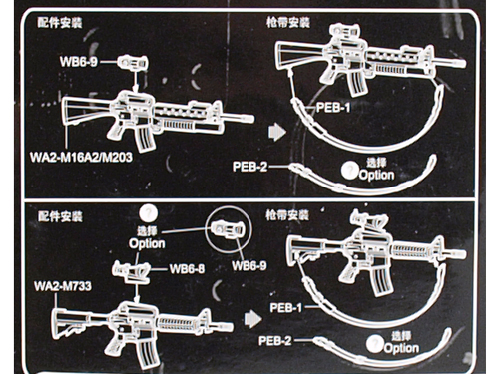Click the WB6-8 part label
pyautogui.click(x=187, y=269)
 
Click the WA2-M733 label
pyautogui.click(x=63, y=286)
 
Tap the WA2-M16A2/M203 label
pyautogui.click(x=81, y=157)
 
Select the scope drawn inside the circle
pyautogui.click(x=229, y=229)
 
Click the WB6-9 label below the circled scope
pyautogui.click(x=249, y=266)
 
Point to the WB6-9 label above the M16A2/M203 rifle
pyautogui.click(x=79, y=62)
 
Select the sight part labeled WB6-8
pyautogui.click(x=131, y=270)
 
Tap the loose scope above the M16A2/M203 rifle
pyautogui.click(x=133, y=63)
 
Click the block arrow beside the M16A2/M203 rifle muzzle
pyautogui.click(x=277, y=132)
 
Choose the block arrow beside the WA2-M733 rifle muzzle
pyautogui.click(x=252, y=319)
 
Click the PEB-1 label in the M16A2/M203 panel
pyautogui.click(x=333, y=108)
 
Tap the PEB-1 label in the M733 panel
pyautogui.click(x=286, y=308)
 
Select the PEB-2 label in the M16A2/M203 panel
pyautogui.click(x=249, y=167)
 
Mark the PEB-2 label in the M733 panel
pyautogui.click(x=275, y=341)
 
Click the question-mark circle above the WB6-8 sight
pyautogui.click(x=148, y=213)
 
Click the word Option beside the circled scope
pyautogui.click(x=147, y=243)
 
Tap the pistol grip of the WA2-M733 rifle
pyautogui.click(x=115, y=346)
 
